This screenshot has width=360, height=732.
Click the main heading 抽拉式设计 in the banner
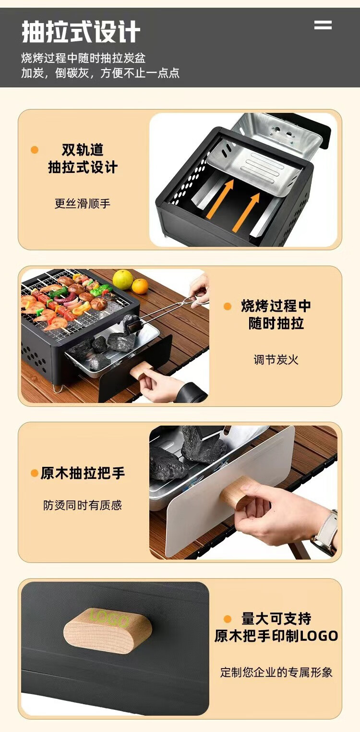tap(81, 32)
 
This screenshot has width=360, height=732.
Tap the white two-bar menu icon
tap(323, 25)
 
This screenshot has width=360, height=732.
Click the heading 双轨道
tap(83, 150)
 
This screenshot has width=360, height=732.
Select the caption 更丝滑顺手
tap(83, 204)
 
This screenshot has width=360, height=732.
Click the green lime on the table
tap(122, 280)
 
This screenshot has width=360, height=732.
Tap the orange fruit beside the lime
tap(140, 286)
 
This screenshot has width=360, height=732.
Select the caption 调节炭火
tap(276, 360)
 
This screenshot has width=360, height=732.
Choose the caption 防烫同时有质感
tap(83, 505)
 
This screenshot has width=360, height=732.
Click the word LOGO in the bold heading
tap(319, 636)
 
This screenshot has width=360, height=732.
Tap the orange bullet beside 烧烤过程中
tap(228, 306)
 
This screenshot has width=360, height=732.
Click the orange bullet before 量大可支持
tap(228, 619)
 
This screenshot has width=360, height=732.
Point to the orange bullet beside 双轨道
tap(34, 150)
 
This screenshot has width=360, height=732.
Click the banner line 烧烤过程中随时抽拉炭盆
tap(84, 58)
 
